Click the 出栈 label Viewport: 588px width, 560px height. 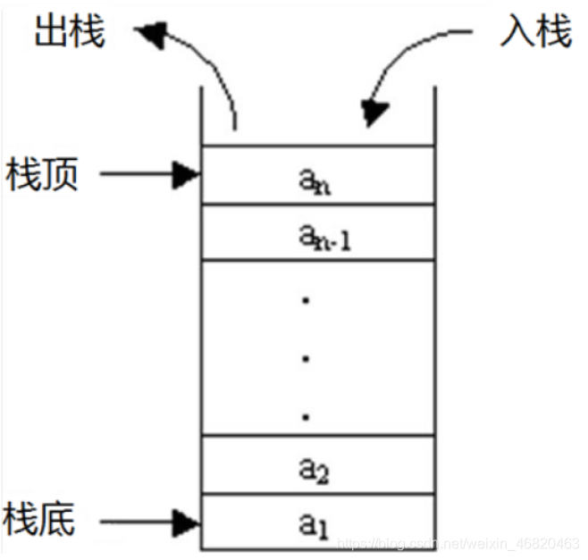(x=70, y=33)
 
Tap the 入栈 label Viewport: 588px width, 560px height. (x=534, y=33)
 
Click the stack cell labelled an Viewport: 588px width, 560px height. (x=318, y=176)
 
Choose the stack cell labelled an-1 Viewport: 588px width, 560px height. (x=318, y=233)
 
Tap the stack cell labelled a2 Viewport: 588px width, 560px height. (x=318, y=465)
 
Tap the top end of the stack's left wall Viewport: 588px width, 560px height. (x=202, y=88)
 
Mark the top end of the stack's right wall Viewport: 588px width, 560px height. (x=435, y=88)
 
